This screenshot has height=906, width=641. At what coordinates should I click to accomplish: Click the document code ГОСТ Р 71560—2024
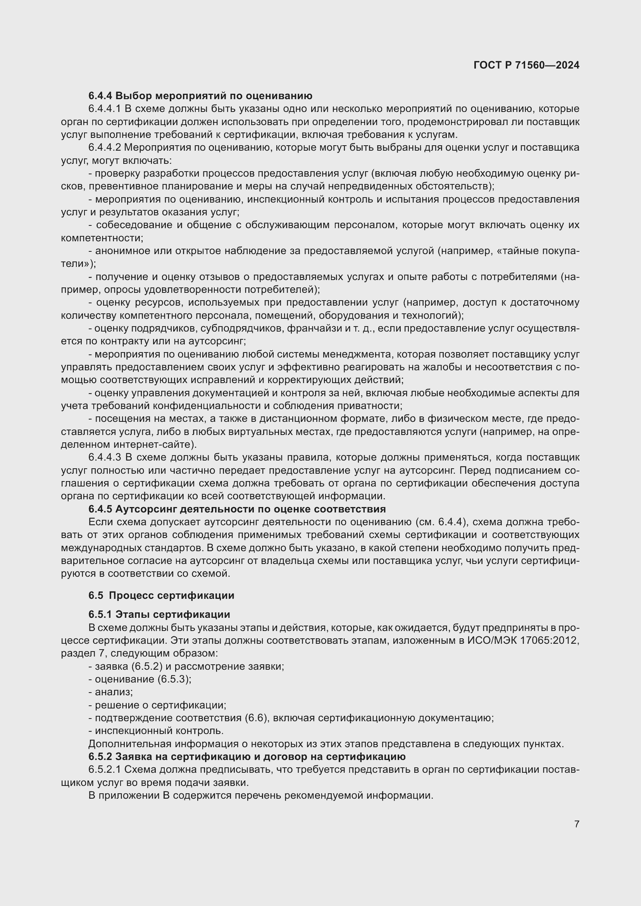[x=526, y=65]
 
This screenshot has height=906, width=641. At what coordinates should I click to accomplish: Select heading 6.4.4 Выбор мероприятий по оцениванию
[x=200, y=96]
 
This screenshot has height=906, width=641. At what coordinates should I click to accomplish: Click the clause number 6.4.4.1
[x=105, y=109]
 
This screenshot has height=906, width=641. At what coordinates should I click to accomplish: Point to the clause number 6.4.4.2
[x=105, y=148]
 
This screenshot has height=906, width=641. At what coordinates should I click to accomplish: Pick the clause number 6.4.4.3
[x=105, y=458]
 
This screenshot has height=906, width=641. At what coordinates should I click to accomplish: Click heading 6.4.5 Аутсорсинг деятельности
[x=237, y=509]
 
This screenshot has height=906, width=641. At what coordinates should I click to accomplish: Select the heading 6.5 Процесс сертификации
[x=161, y=595]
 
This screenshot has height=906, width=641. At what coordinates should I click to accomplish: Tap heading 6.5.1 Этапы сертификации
[x=159, y=614]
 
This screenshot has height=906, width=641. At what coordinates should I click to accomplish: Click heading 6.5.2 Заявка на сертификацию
[x=247, y=756]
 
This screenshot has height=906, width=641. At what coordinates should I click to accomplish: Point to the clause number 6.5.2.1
[x=105, y=770]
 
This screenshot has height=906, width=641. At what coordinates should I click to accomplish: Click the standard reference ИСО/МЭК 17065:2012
[x=523, y=640]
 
